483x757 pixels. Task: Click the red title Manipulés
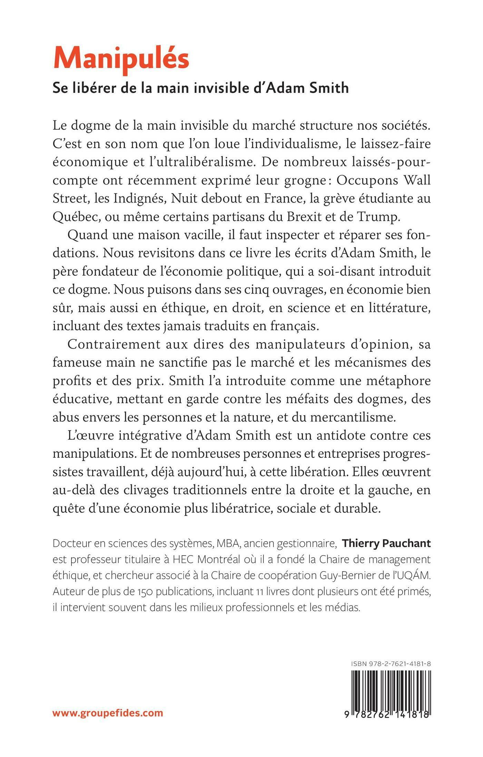pyautogui.click(x=121, y=59)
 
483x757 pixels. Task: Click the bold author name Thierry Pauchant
pyautogui.click(x=386, y=544)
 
